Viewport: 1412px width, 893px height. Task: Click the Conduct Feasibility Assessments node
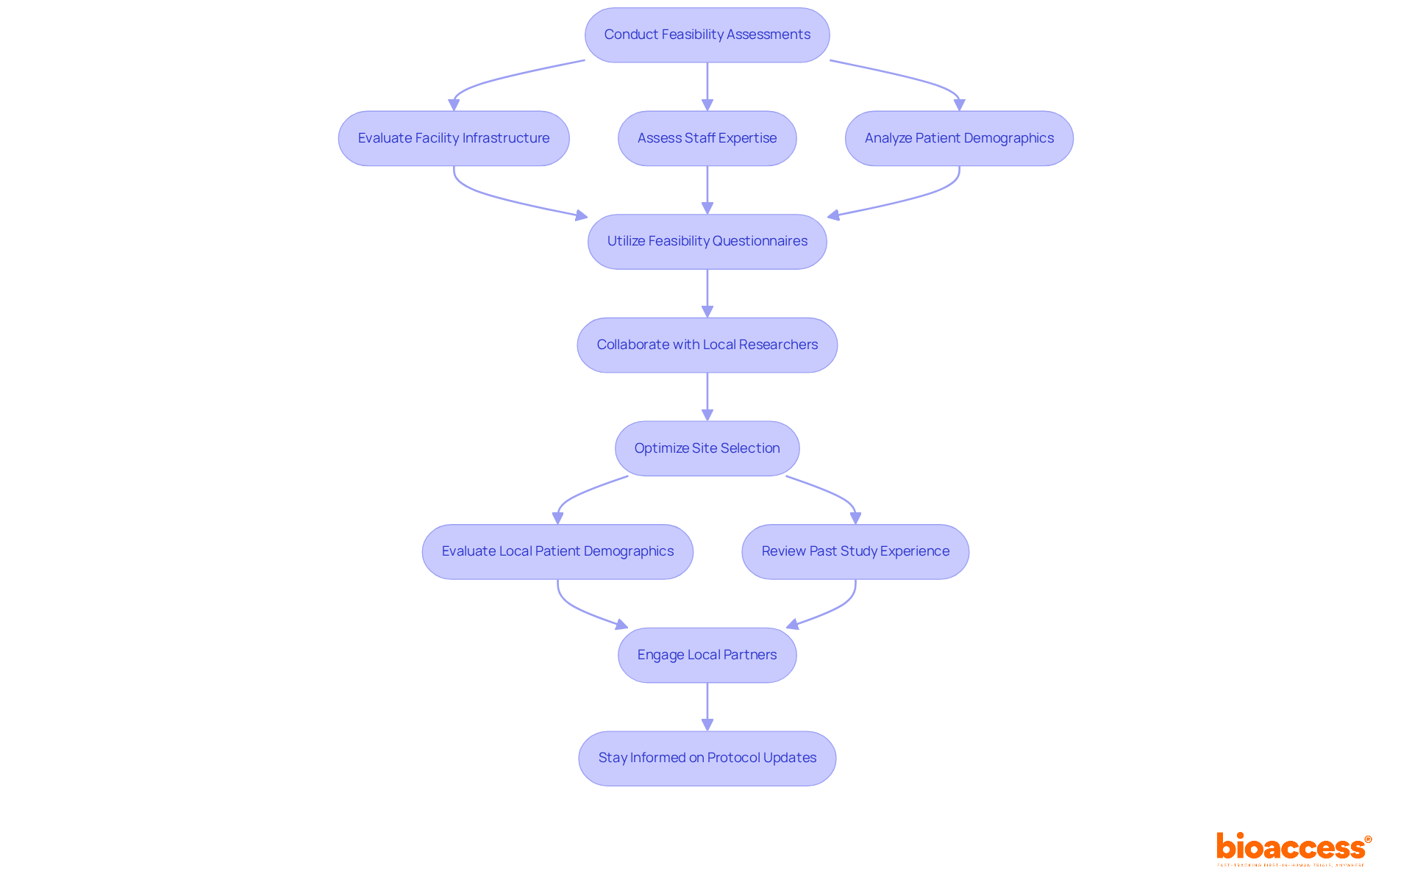point(707,35)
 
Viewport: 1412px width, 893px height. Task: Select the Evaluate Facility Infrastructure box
point(453,138)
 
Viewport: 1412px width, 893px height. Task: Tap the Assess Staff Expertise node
point(707,138)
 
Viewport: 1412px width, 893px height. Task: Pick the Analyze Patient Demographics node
point(958,138)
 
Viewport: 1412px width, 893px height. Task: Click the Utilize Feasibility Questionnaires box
point(707,242)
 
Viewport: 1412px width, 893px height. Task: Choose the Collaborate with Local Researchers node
point(707,345)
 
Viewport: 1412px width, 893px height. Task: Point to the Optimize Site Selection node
point(707,448)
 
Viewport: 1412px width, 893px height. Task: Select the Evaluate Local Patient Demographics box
point(557,551)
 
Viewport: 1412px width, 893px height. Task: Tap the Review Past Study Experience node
point(855,551)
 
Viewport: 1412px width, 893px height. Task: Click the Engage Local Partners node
point(707,655)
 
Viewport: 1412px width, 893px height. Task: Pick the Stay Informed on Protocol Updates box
point(707,758)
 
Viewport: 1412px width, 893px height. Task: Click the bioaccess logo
point(1293,848)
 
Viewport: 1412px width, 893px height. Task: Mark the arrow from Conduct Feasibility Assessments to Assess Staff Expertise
point(707,86)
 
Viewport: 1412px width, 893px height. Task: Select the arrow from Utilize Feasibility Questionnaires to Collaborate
point(707,293)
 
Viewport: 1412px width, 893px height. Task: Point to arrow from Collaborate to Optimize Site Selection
point(707,396)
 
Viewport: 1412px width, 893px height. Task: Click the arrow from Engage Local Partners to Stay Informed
point(707,706)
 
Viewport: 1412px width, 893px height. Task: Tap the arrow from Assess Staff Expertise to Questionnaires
point(707,189)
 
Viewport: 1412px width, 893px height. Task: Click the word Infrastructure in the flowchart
point(506,138)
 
